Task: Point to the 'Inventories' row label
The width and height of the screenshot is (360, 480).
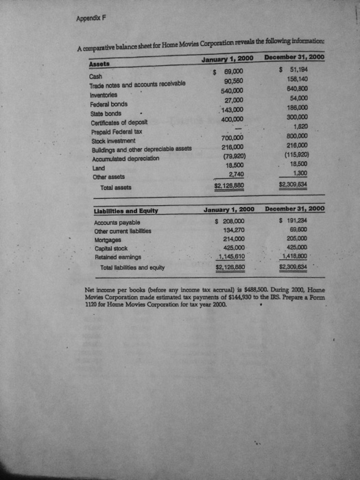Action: click(107, 95)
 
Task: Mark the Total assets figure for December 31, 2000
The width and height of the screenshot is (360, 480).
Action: click(298, 184)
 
